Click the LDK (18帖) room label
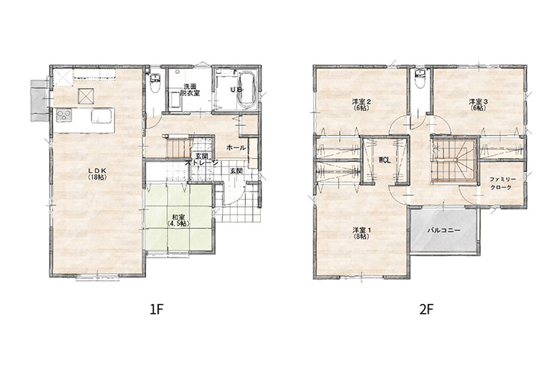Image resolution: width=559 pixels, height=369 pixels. pos(97,174)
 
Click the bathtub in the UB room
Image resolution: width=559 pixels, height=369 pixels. pos(246,90)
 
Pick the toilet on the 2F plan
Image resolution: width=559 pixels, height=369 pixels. pos(420,79)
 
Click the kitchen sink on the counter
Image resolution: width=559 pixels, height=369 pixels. pos(101,116)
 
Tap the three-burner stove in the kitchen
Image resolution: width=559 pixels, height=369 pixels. pos(64,116)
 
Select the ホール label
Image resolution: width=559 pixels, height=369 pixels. pos(236,148)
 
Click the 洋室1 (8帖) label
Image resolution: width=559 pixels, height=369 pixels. pos(361,233)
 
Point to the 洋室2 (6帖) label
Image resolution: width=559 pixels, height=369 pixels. pos(361,104)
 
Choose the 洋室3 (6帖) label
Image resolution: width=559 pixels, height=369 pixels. pos(478,104)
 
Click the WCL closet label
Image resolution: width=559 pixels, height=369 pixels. pos(385,160)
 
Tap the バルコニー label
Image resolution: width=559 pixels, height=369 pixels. pos(444,230)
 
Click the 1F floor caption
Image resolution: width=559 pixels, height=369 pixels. pos(157,309)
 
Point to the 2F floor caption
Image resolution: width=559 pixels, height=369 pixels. pos(426,309)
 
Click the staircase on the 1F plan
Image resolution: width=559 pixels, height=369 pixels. pos(177,146)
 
